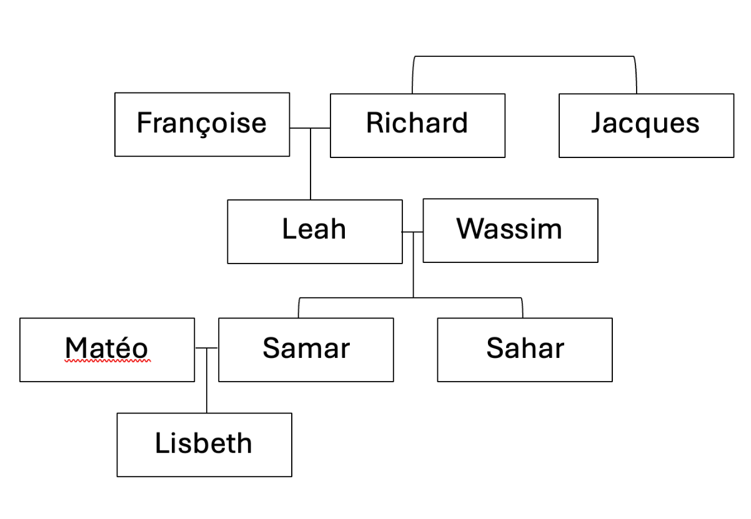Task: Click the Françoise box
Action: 202,124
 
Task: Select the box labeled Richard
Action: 417,125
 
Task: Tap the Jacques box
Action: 646,125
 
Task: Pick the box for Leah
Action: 314,231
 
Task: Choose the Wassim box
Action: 510,230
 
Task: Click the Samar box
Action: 306,349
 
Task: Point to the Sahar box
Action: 524,349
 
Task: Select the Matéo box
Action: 107,349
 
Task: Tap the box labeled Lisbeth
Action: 204,444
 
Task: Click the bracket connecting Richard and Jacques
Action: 524,57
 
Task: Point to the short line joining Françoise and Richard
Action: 310,128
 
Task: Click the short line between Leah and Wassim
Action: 412,232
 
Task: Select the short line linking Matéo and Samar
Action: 207,347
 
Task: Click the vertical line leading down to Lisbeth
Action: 207,387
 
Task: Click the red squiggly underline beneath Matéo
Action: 107,361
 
